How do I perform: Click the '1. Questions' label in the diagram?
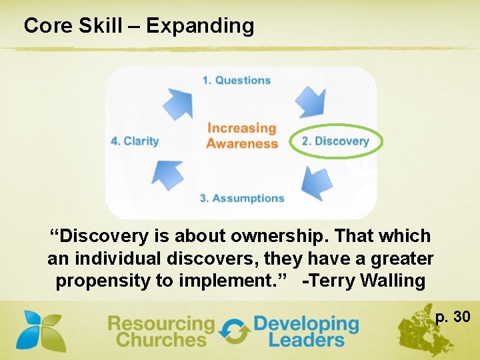(x=237, y=81)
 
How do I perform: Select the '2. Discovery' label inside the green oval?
(x=335, y=141)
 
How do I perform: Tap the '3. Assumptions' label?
(x=242, y=198)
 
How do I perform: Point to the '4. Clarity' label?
(x=135, y=141)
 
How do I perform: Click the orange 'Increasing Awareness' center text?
(x=241, y=135)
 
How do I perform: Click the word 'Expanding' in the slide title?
(x=200, y=26)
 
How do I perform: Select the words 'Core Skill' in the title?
(x=73, y=26)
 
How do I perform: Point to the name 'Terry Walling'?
(x=364, y=281)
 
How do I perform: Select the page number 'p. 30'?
(x=453, y=316)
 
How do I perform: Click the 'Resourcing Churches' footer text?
(x=161, y=331)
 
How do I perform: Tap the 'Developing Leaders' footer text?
(x=306, y=331)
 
